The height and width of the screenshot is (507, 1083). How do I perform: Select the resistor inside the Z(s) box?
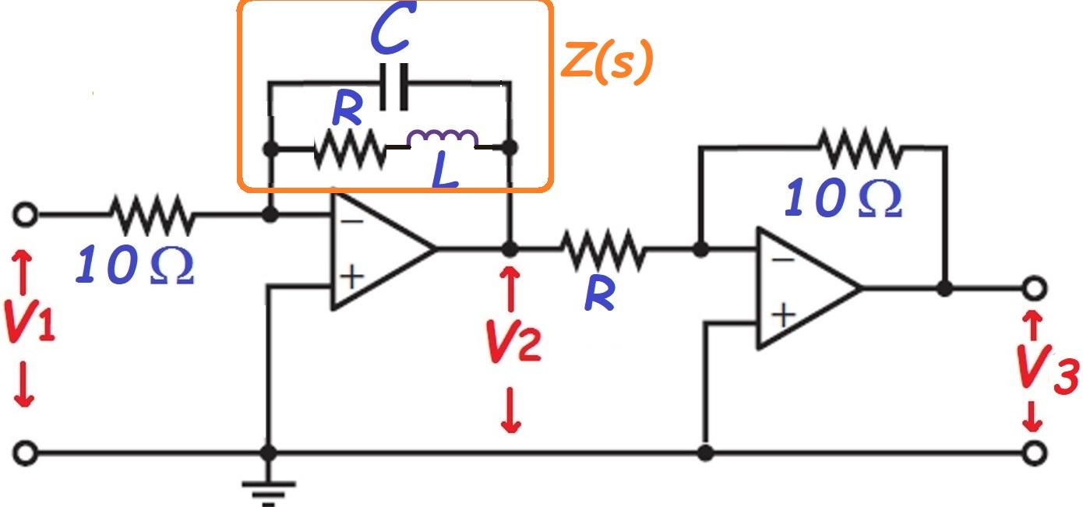click(349, 149)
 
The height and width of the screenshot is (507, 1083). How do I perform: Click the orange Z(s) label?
click(606, 64)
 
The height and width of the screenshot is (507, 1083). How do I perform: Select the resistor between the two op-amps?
click(602, 250)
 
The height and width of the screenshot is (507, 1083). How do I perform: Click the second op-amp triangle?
click(803, 288)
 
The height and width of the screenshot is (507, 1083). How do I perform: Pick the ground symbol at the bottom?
click(269, 491)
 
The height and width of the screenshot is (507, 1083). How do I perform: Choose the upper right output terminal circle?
click(1033, 288)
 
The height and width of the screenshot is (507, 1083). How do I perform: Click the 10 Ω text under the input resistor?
click(134, 266)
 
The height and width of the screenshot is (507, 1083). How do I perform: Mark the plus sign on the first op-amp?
click(352, 276)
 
